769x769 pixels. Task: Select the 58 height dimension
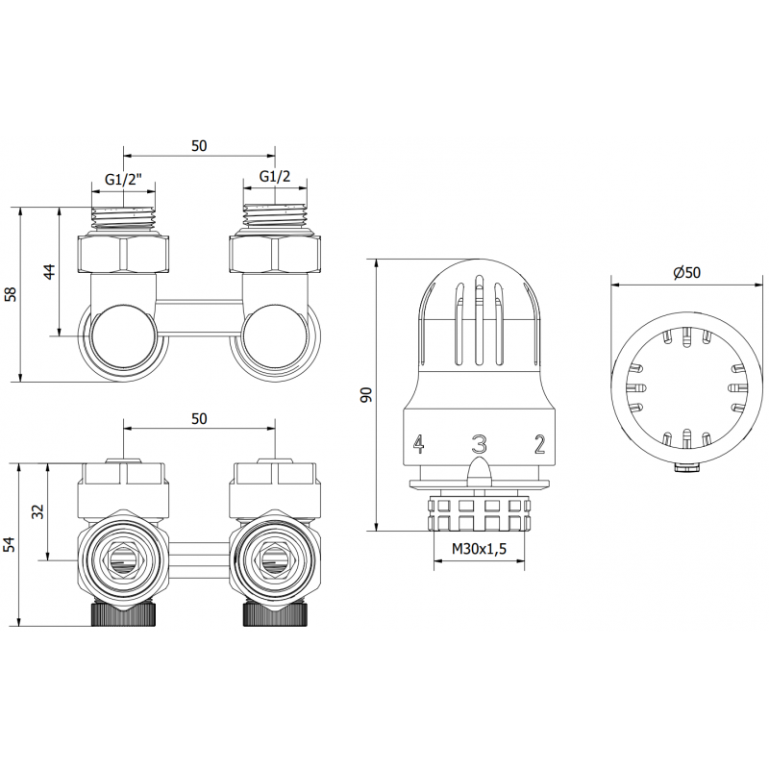11,294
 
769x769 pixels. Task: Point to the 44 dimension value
51,271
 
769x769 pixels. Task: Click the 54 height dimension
11,544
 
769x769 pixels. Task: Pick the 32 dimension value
39,511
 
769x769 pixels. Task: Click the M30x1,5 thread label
481,551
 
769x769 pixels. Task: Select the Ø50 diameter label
686,273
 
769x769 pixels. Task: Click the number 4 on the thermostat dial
418,443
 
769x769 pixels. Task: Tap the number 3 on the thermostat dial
479,443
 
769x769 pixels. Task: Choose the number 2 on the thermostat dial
539,443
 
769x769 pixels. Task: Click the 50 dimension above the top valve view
199,145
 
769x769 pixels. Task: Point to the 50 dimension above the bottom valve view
199,419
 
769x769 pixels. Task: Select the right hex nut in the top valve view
275,254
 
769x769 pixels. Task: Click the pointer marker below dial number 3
479,470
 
